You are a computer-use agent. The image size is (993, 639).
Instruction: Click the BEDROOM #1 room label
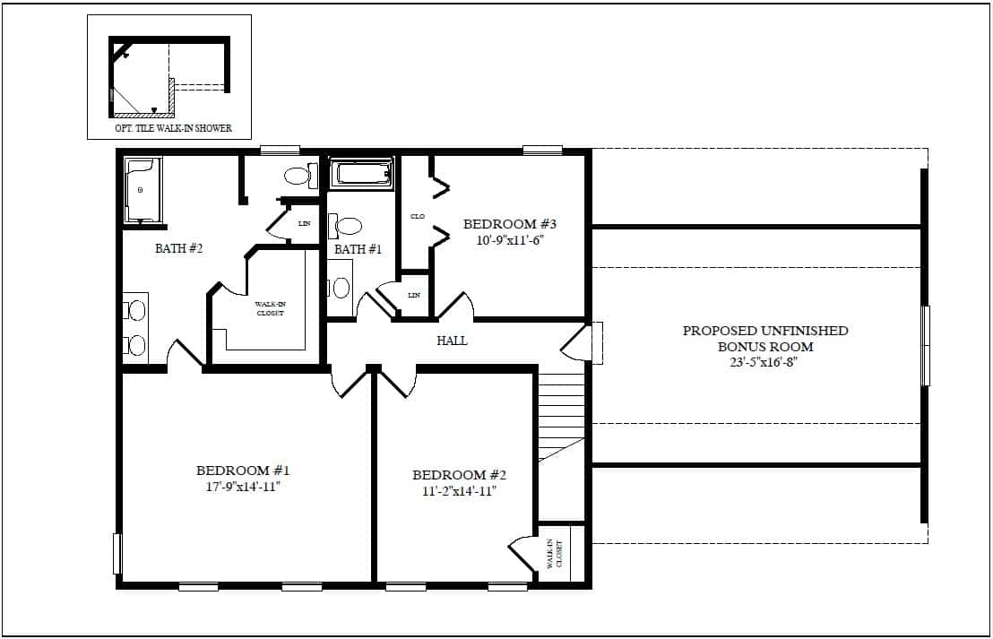click(243, 471)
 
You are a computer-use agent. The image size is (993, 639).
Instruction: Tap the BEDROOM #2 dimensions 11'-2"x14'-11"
click(459, 491)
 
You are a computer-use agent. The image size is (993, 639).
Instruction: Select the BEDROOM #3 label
click(510, 224)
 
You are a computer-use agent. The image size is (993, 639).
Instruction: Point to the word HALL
click(453, 341)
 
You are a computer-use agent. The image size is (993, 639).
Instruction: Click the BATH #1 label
click(358, 249)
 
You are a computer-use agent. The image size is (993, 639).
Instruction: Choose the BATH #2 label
click(178, 248)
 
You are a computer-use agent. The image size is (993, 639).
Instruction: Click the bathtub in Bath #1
click(361, 173)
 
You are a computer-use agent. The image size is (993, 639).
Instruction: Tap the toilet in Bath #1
click(345, 226)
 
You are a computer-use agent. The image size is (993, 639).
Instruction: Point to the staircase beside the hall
click(561, 416)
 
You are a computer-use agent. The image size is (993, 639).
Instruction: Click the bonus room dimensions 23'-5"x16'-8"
click(764, 364)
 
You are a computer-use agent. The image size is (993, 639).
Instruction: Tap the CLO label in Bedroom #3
click(418, 217)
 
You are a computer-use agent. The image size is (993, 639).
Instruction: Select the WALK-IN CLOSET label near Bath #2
click(271, 308)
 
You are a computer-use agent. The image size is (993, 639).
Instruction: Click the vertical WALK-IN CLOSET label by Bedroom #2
click(554, 554)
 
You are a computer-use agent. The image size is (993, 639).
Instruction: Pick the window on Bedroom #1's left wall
click(117, 554)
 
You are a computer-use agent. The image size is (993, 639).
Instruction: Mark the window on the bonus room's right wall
click(925, 345)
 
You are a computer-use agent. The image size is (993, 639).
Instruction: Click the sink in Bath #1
click(341, 289)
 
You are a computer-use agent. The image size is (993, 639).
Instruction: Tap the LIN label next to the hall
click(414, 295)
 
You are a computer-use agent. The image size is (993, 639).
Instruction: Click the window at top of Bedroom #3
click(543, 151)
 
